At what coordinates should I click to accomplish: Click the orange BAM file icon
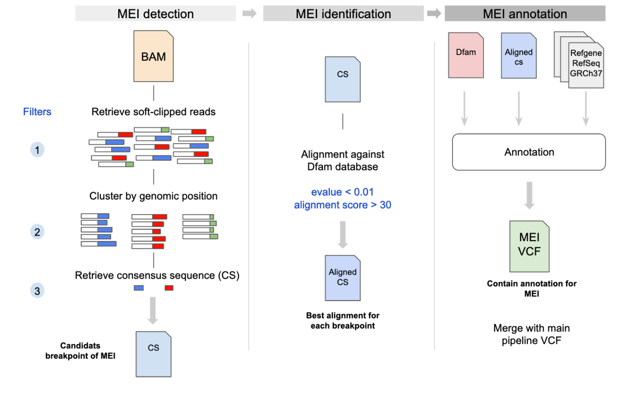point(153,56)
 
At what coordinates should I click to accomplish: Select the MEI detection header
point(155,14)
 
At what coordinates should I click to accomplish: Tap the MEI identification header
point(343,14)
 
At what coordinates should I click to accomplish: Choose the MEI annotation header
point(525,14)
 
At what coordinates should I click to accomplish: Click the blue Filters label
point(37,112)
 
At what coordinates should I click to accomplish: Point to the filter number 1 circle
point(37,150)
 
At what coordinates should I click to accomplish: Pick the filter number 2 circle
point(37,232)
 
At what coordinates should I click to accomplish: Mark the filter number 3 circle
point(37,291)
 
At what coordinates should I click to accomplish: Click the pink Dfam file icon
point(466,55)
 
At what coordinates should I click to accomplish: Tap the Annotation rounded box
point(529,152)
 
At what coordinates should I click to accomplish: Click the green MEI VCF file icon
point(529,246)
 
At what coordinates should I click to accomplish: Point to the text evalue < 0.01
point(342,192)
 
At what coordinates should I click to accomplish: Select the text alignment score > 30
point(342,205)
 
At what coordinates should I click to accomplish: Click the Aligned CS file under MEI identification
point(343,278)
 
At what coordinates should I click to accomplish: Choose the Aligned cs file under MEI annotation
point(519,56)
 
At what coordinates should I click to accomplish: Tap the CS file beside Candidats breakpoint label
point(153,354)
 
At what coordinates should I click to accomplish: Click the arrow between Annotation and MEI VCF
point(529,195)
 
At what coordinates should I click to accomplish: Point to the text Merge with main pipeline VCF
point(531,334)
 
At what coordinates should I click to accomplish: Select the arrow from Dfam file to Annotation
point(464,109)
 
